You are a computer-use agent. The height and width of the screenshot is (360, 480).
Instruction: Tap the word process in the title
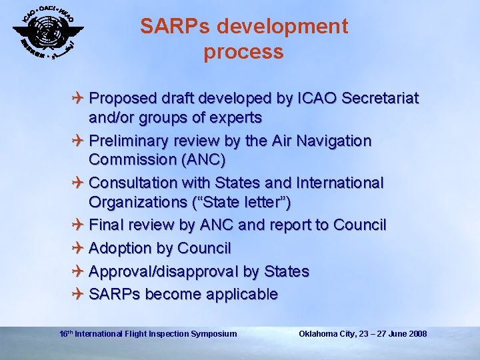(x=244, y=51)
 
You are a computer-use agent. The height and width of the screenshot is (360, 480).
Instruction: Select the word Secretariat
(x=380, y=99)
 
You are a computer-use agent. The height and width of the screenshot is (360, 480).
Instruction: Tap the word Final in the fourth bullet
(x=107, y=225)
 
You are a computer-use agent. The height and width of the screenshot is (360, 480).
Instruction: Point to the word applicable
(x=243, y=295)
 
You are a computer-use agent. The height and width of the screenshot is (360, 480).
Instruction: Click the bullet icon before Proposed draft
(x=79, y=99)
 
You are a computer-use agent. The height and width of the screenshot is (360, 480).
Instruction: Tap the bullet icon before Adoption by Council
(x=79, y=249)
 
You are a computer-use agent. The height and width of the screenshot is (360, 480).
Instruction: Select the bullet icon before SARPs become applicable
(x=79, y=295)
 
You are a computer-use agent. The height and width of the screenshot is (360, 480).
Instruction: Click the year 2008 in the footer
(x=417, y=333)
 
